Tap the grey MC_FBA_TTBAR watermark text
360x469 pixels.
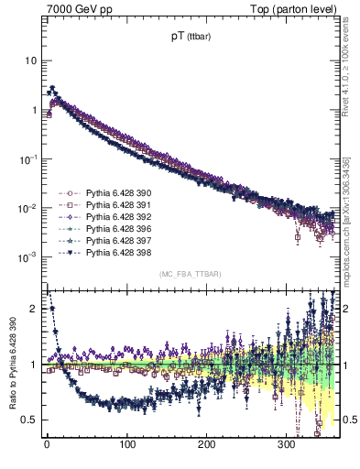[190, 275]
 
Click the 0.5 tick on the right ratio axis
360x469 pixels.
[349, 420]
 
